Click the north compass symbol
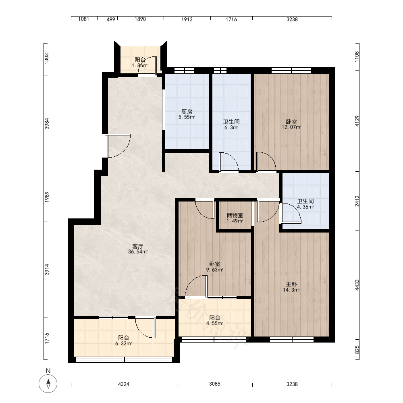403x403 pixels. click(x=48, y=384)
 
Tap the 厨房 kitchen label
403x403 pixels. click(x=187, y=112)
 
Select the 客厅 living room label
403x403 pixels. click(x=137, y=246)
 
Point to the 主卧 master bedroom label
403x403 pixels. click(x=291, y=284)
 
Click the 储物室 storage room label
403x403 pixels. click(x=235, y=215)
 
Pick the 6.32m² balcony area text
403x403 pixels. click(x=124, y=344)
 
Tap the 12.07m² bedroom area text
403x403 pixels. click(x=291, y=127)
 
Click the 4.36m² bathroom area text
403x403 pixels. click(x=305, y=207)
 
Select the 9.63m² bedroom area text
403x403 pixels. click(x=215, y=270)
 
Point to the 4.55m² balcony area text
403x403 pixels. click(x=215, y=323)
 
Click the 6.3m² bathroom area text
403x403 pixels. click(x=231, y=127)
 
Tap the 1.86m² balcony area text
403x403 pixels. click(x=140, y=66)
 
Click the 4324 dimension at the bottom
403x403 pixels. click(x=124, y=384)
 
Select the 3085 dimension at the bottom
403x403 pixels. click(x=215, y=384)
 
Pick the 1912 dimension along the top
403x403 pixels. click(x=187, y=19)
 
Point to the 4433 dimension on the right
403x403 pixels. click(x=357, y=285)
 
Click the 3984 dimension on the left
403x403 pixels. click(x=47, y=124)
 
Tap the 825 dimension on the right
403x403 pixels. click(x=357, y=350)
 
